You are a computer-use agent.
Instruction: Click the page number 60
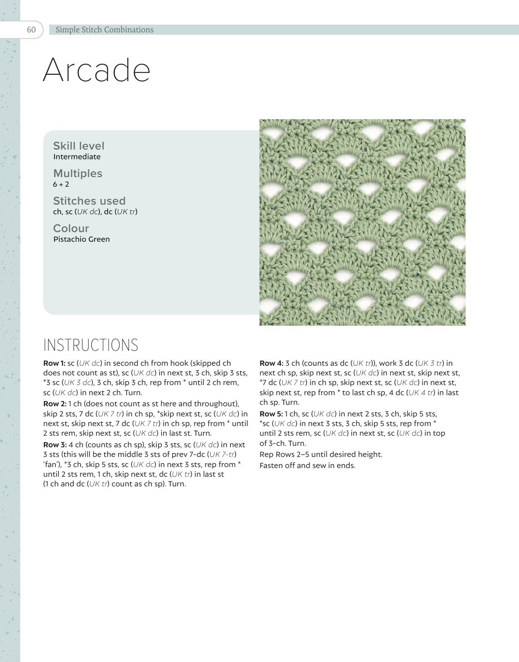tap(31, 29)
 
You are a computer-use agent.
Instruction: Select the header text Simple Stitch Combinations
tap(104, 29)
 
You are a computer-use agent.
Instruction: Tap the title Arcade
tap(96, 70)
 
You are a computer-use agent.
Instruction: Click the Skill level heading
tap(79, 146)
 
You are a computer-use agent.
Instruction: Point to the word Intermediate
tap(77, 157)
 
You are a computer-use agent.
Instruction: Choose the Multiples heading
tap(78, 173)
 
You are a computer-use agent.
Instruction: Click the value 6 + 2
tap(61, 184)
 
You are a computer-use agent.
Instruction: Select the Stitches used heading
tap(89, 201)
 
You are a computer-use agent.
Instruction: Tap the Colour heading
tap(71, 228)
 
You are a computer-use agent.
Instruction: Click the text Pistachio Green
tap(82, 239)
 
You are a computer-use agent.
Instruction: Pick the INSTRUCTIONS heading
tap(91, 345)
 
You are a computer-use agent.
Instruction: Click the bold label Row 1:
tap(54, 363)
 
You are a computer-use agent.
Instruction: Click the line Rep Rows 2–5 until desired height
tap(321, 455)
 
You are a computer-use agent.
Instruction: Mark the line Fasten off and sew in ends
tap(307, 466)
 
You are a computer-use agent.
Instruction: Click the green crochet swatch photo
tap(362, 222)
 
